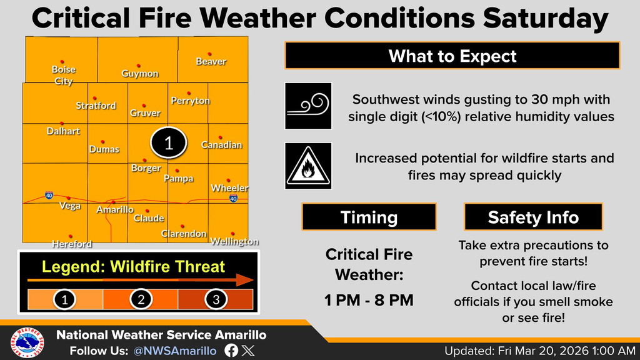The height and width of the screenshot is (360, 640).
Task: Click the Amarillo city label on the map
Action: (x=114, y=210)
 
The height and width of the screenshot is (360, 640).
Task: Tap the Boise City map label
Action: (x=64, y=76)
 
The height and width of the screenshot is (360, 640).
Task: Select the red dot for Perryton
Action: (x=187, y=91)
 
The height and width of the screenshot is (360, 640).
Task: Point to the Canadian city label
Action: (x=221, y=145)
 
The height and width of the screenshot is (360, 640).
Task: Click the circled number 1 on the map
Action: (x=168, y=143)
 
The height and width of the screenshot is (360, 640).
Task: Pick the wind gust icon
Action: (x=308, y=106)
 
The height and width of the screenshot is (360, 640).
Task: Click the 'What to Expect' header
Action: (x=452, y=56)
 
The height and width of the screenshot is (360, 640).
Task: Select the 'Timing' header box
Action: (x=369, y=217)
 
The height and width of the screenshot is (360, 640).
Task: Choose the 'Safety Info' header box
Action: (x=533, y=217)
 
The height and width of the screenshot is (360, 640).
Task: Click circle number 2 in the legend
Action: (x=141, y=299)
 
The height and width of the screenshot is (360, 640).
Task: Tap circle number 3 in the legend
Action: (x=216, y=299)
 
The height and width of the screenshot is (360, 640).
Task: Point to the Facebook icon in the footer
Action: (x=231, y=351)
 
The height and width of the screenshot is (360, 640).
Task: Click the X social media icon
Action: (x=248, y=351)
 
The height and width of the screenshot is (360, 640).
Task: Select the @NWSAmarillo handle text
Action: (x=175, y=351)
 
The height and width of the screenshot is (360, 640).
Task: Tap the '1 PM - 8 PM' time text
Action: (x=369, y=299)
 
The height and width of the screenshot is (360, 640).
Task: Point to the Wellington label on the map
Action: (x=234, y=241)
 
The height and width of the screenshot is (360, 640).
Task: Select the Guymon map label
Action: (x=140, y=74)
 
